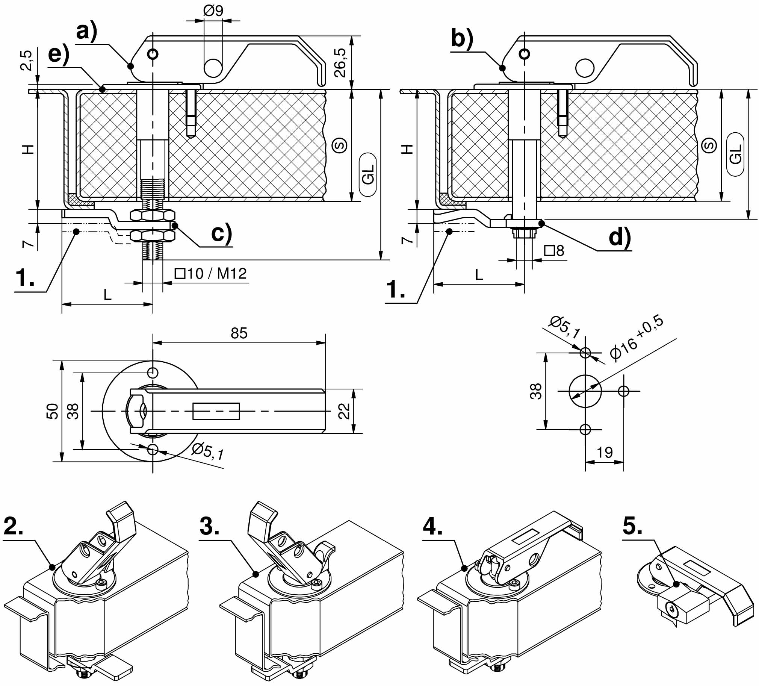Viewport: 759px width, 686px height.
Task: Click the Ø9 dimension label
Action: click(213, 11)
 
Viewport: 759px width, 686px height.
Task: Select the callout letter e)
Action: click(59, 55)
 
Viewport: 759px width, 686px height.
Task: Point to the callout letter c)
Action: click(222, 234)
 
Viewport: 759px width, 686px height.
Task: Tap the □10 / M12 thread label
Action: click(210, 274)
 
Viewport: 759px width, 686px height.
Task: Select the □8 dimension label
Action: click(555, 250)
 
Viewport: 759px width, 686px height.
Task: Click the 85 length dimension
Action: click(239, 333)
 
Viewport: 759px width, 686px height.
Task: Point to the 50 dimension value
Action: click(53, 411)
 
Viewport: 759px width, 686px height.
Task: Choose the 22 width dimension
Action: click(344, 411)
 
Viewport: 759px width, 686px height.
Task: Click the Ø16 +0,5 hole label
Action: click(636, 338)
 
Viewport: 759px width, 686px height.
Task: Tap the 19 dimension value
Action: click(605, 453)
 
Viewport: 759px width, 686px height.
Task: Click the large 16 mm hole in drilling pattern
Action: click(585, 391)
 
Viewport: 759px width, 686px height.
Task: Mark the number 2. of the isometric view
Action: click(14, 526)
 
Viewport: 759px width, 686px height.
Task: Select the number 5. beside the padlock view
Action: click(632, 526)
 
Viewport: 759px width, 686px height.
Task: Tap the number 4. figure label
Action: click(432, 526)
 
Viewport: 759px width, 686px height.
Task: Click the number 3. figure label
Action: click(210, 526)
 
